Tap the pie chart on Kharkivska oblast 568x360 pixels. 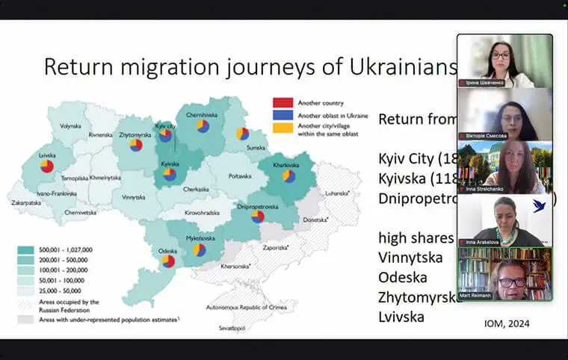288,177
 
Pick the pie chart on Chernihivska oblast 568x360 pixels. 203,126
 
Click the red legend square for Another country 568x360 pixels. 282,102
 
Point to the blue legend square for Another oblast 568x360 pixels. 282,115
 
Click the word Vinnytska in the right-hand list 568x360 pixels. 410,258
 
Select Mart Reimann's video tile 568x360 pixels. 504,273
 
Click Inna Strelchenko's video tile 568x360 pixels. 504,167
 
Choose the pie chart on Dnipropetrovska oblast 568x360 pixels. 258,216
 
